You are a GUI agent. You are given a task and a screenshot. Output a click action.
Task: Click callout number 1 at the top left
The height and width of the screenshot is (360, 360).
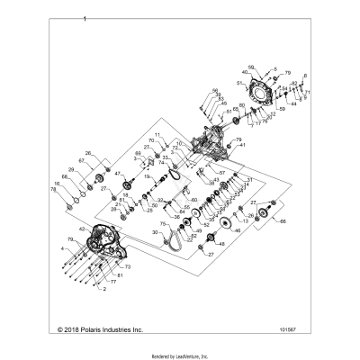pyautogui.click(x=84, y=18)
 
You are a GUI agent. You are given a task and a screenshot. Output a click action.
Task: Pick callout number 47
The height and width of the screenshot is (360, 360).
pyautogui.click(x=119, y=172)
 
